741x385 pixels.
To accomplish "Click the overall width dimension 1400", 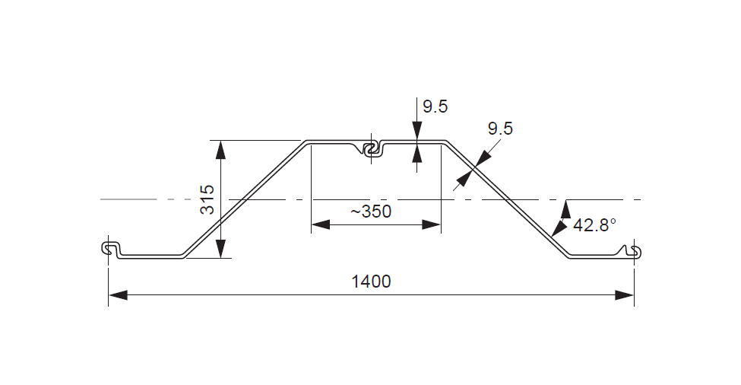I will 371,282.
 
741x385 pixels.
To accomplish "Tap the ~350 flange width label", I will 371,212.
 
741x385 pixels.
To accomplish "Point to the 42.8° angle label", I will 594,225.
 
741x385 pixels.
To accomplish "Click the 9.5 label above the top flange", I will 435,107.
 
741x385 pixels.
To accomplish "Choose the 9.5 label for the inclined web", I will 500,129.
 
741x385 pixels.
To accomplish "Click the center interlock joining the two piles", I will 372,149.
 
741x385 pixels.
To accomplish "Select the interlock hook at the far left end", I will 112,249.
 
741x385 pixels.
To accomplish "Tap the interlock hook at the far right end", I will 633,251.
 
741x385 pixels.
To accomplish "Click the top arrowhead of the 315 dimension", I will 221,149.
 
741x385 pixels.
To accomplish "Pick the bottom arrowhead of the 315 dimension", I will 221,249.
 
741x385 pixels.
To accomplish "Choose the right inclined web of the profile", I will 506,199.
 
